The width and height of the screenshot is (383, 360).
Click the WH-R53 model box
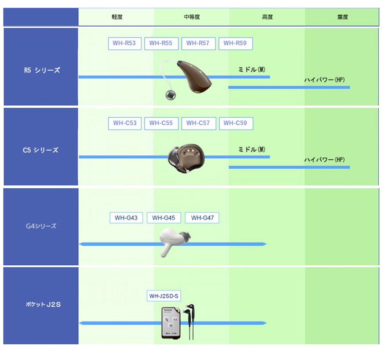[x=124, y=43]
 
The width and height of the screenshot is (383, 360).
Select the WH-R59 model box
[x=235, y=43]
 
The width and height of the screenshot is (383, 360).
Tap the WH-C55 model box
[x=161, y=123]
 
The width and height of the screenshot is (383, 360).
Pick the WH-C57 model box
[x=198, y=123]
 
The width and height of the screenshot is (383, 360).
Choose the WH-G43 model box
[x=126, y=218]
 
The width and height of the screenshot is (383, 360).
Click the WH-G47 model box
[x=202, y=218]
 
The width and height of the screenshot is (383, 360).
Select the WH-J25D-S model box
[x=164, y=296]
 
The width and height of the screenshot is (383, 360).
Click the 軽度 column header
[x=117, y=17]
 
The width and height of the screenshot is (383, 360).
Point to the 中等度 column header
[x=192, y=17]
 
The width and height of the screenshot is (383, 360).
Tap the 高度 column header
[x=267, y=17]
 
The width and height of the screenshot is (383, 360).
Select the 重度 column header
[x=342, y=17]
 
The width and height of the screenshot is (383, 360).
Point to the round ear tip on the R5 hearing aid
[x=170, y=95]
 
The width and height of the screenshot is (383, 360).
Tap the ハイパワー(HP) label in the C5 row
[x=324, y=160]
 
